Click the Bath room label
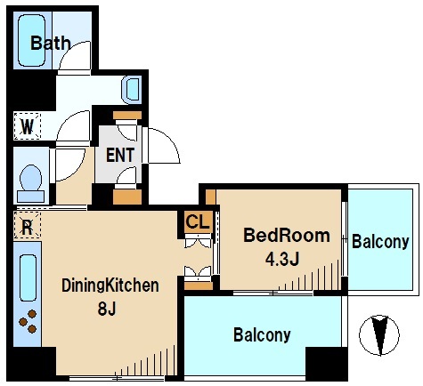pos(51,43)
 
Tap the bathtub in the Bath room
pos(31,40)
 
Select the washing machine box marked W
pos(27,126)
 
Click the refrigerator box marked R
pos(27,225)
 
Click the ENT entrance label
pos(120,155)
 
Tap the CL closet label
pos(198,221)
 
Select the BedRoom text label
pos(287,236)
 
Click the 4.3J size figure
pos(282,260)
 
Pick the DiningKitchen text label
pos(110,285)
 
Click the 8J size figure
pos(107,310)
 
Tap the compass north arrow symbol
pos(379,335)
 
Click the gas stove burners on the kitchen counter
pos(28,321)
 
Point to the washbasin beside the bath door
pos(131,89)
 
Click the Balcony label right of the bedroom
pos(380,242)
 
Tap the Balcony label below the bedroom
pos(262,334)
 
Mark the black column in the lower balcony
pos(326,364)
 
